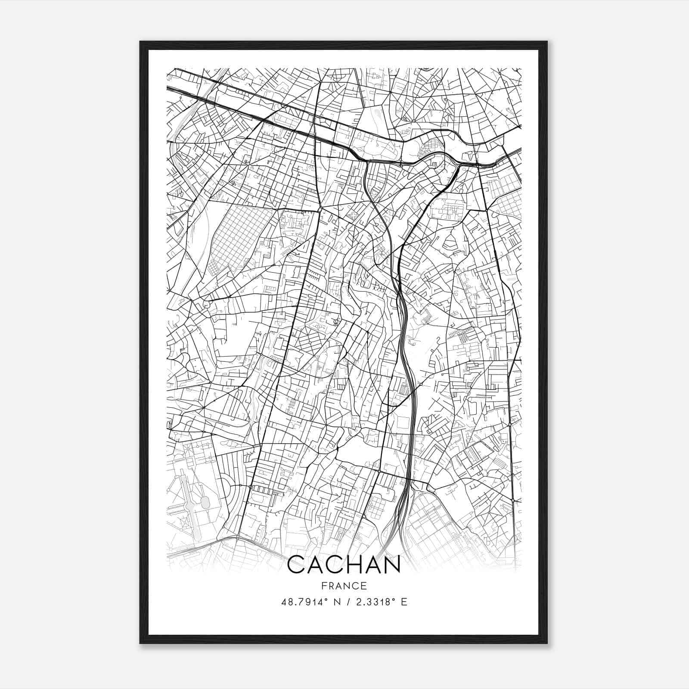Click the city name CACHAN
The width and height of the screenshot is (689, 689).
(x=344, y=565)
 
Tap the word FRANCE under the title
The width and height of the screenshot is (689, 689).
(x=344, y=586)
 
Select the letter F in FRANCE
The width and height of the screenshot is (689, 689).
(x=323, y=586)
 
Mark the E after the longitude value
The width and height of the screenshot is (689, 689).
(x=404, y=602)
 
